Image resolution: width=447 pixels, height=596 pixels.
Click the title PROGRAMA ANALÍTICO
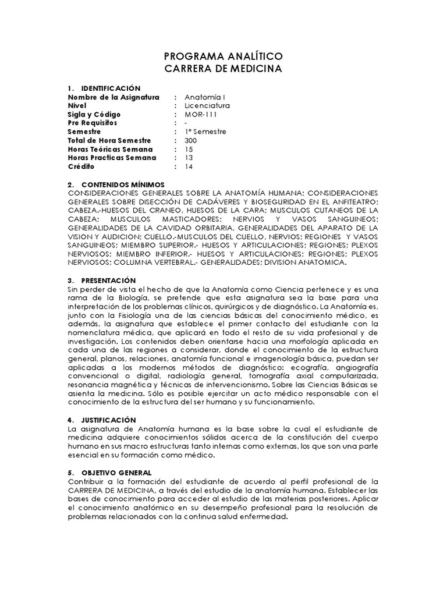pyautogui.click(x=223, y=56)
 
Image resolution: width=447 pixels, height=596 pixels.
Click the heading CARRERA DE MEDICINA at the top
pyautogui.click(x=223, y=69)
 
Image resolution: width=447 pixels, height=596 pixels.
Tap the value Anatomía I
pyautogui.click(x=201, y=97)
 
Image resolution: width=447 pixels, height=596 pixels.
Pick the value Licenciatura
pyautogui.click(x=207, y=106)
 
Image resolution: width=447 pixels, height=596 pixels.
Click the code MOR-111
pyautogui.click(x=201, y=115)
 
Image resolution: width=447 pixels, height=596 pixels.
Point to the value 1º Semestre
pyautogui.click(x=205, y=132)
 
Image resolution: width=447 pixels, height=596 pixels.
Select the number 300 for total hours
pyautogui.click(x=191, y=140)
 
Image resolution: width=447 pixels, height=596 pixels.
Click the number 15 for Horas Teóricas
pyautogui.click(x=189, y=149)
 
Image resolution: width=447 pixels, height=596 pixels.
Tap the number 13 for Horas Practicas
pyautogui.click(x=189, y=158)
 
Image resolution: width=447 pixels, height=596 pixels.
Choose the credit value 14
pyautogui.click(x=189, y=166)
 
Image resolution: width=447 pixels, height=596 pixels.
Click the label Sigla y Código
pyautogui.click(x=94, y=115)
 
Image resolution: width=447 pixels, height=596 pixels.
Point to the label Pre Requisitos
pyautogui.click(x=93, y=123)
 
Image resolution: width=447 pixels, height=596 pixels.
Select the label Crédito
pyautogui.click(x=81, y=166)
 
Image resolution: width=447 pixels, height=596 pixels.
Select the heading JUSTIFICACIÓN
pyautogui.click(x=109, y=420)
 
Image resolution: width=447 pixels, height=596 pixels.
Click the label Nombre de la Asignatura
pyautogui.click(x=113, y=97)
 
